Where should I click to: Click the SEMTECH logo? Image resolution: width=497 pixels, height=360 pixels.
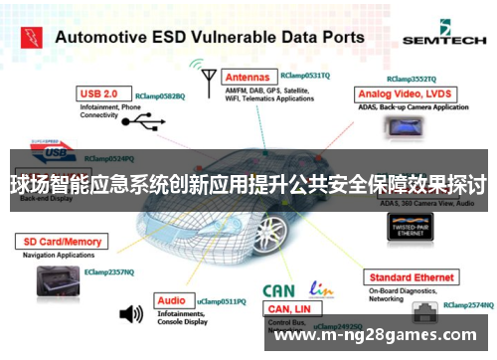[x=444, y=39]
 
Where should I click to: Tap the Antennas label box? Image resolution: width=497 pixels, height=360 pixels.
[x=247, y=76]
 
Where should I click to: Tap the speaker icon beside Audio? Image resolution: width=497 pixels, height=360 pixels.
[x=130, y=314]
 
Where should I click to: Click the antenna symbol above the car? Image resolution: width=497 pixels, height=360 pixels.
[x=208, y=78]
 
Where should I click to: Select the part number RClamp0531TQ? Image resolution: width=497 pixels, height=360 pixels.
[x=304, y=75]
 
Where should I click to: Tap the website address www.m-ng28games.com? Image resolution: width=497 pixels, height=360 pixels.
[x=382, y=335]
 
